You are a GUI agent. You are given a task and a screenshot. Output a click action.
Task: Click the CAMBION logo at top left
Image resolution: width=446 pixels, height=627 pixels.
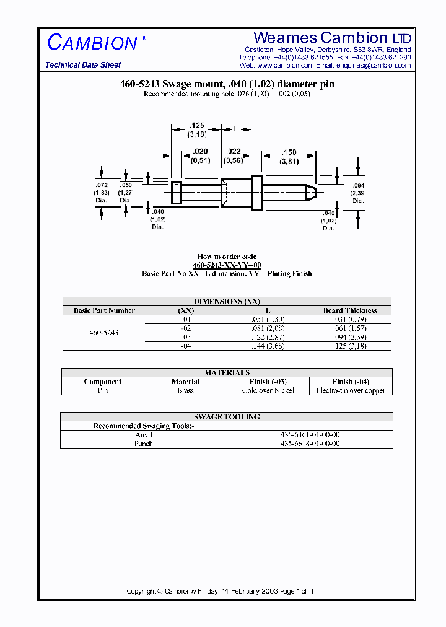93,43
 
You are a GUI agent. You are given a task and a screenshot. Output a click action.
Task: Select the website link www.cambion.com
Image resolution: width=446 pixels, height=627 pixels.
285,65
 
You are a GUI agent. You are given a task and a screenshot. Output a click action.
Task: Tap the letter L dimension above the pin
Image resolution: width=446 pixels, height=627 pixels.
236,129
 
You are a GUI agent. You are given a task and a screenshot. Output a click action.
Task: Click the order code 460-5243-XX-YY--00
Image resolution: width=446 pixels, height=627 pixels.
227,265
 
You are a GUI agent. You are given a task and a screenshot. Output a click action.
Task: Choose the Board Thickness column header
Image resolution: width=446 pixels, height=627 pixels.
350,310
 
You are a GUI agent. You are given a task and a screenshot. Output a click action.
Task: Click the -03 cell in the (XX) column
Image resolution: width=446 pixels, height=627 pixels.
186,337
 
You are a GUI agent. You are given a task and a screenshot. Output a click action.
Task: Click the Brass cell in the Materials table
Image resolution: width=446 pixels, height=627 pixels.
185,390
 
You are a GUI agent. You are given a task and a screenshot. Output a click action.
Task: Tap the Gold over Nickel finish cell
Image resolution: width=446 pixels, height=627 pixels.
268,390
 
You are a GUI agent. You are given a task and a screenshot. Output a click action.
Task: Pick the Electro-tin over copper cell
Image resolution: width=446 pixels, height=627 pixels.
351,390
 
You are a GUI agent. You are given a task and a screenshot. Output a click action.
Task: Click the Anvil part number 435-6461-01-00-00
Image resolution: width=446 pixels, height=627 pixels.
310,435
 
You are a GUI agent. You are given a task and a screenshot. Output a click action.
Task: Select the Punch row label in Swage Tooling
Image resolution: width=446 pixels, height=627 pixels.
144,444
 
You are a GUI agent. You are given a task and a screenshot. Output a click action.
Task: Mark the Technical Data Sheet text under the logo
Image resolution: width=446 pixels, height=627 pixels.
83,65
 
